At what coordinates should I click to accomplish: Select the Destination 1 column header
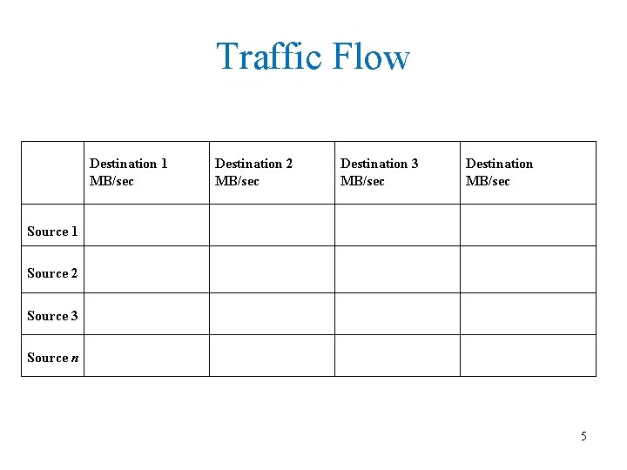[x=129, y=164]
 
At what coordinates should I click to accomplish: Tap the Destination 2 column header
[x=253, y=164]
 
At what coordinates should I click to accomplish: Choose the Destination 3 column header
[x=379, y=164]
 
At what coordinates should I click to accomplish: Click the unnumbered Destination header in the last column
[x=499, y=164]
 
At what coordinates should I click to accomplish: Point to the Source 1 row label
[x=52, y=232]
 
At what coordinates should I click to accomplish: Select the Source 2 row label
[x=52, y=273]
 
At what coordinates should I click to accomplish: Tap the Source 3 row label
[x=52, y=316]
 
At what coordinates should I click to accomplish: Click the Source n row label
[x=52, y=358]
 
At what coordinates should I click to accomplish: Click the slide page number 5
[x=583, y=436]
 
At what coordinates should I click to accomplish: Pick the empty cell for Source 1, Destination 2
[x=272, y=225]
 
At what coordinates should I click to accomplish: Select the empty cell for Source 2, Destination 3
[x=397, y=269]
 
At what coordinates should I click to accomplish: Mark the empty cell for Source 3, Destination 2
[x=272, y=313]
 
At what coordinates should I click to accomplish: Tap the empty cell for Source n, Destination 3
[x=397, y=355]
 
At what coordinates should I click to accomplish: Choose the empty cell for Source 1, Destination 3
[x=397, y=225]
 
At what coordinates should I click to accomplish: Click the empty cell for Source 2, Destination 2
[x=272, y=269]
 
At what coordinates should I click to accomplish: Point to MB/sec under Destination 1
[x=112, y=181]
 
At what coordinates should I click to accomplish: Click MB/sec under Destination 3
[x=362, y=181]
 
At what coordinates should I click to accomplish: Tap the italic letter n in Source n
[x=75, y=359]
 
